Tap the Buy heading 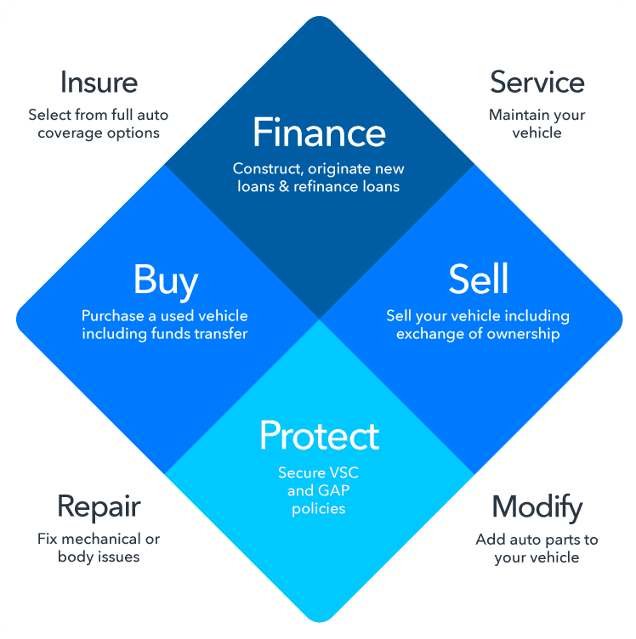(165, 280)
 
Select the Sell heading (478, 280)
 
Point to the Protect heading (319, 435)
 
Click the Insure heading (99, 82)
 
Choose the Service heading (537, 82)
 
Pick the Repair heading (99, 507)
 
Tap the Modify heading (537, 507)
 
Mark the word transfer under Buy (219, 334)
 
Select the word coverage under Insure (71, 133)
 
